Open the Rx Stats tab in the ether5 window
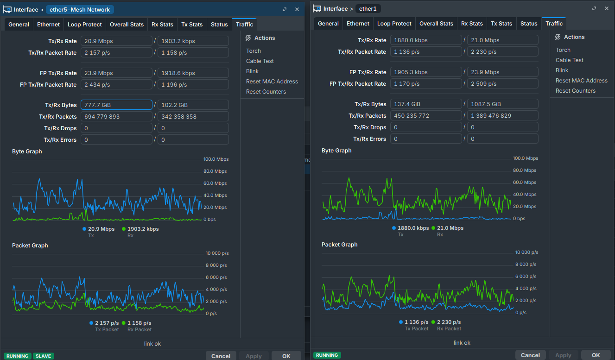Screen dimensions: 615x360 (x=162, y=25)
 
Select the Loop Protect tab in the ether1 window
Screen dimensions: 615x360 (x=394, y=24)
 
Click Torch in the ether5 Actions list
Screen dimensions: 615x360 (x=253, y=51)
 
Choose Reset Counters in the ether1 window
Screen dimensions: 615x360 (x=576, y=90)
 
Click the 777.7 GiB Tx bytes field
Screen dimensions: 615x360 (x=116, y=105)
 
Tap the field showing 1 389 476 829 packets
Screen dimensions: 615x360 (x=503, y=115)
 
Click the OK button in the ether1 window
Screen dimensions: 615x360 (x=596, y=355)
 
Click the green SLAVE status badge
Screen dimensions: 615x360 (x=44, y=356)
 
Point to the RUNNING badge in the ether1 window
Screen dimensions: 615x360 (x=327, y=355)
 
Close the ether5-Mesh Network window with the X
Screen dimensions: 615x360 (x=297, y=9)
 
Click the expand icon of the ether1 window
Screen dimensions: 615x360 (x=594, y=8)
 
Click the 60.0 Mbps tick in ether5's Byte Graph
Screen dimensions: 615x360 (x=215, y=183)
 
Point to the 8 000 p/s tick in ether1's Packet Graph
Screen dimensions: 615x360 (x=526, y=264)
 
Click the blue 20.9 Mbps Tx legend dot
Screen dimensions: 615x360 (x=84, y=229)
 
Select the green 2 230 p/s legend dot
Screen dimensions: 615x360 (x=433, y=322)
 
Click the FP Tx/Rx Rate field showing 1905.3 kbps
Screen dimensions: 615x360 (x=426, y=72)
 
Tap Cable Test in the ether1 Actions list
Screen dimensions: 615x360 (x=569, y=60)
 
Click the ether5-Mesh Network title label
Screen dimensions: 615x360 (x=80, y=10)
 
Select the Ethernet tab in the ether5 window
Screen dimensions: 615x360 (x=48, y=25)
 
